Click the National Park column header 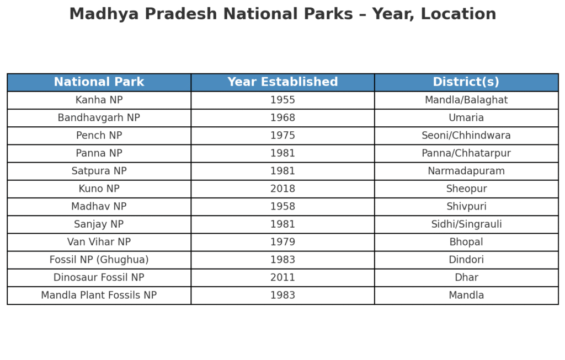[99, 82]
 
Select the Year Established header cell [282, 82]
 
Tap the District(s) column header [466, 82]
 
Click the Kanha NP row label [99, 100]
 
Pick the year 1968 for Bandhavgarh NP [282, 118]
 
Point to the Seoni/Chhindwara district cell [466, 136]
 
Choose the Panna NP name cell [99, 153]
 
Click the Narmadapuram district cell [466, 171]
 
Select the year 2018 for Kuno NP [282, 189]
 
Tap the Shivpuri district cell [466, 206]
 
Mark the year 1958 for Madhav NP [282, 206]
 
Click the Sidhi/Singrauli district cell [466, 224]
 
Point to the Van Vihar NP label [99, 242]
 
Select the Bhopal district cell [466, 242]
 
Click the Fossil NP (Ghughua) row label [99, 260]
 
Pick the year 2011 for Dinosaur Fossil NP [282, 277]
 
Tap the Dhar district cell [466, 277]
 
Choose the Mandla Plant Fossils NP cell [99, 295]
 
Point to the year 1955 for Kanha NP [282, 100]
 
